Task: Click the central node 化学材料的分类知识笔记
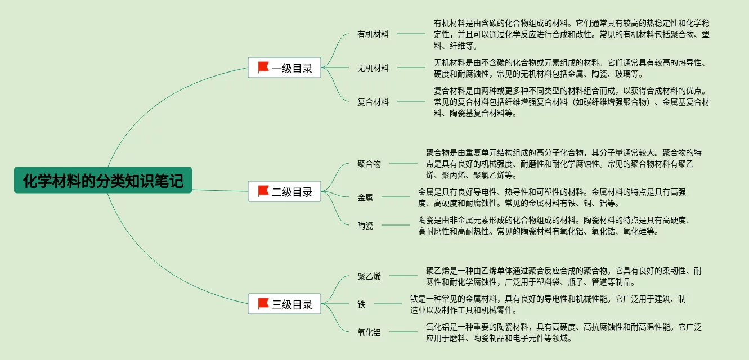point(103,180)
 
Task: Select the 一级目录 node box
point(284,68)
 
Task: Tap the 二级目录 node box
point(284,191)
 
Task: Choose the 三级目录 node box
point(284,304)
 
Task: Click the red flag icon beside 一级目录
point(263,67)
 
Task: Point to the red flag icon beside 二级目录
point(263,191)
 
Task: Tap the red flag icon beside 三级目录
point(263,304)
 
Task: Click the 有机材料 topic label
point(373,34)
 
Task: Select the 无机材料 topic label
point(373,68)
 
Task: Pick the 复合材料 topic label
point(373,102)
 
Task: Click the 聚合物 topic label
point(369,164)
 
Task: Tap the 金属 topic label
point(365,197)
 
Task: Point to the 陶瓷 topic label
point(365,226)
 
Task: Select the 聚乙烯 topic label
point(369,276)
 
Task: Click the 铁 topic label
point(361,304)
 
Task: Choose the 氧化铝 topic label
point(369,332)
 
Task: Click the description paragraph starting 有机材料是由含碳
point(571,34)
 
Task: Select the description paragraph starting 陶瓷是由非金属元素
point(554,226)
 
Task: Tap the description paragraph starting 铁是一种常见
point(548,304)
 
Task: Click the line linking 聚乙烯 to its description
point(403,276)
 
